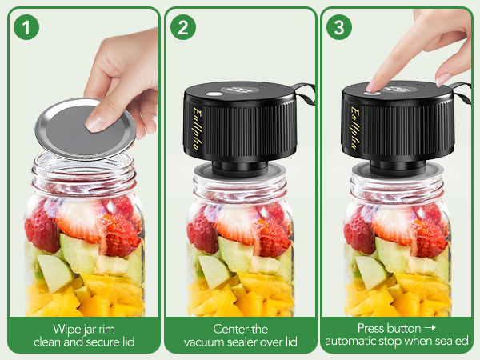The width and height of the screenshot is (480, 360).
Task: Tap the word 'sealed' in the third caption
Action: click(451, 342)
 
